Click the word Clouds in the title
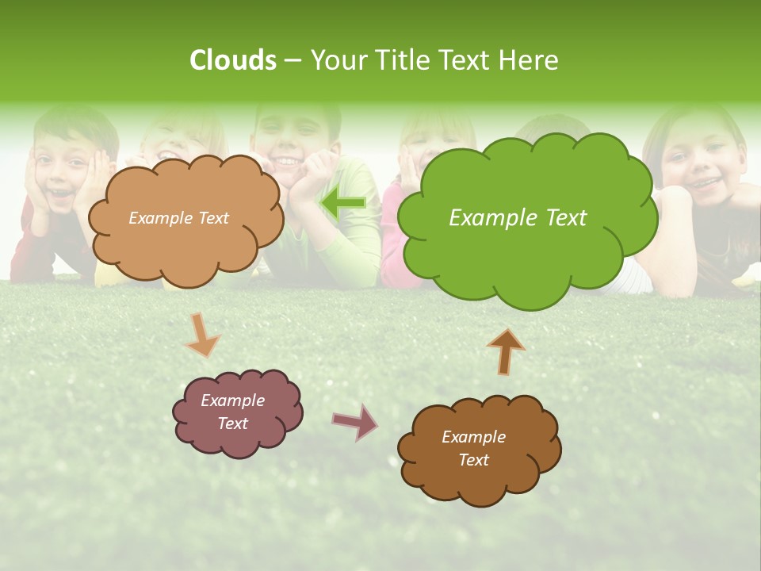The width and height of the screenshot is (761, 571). (x=232, y=60)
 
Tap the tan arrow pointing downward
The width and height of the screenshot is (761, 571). (x=202, y=335)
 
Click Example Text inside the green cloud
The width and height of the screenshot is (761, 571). (x=518, y=218)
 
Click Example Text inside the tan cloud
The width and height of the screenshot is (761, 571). (x=178, y=218)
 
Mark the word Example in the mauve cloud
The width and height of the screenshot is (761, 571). (x=232, y=400)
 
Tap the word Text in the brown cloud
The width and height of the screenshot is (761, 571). (x=473, y=460)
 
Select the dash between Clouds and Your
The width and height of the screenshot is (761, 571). (x=293, y=60)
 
